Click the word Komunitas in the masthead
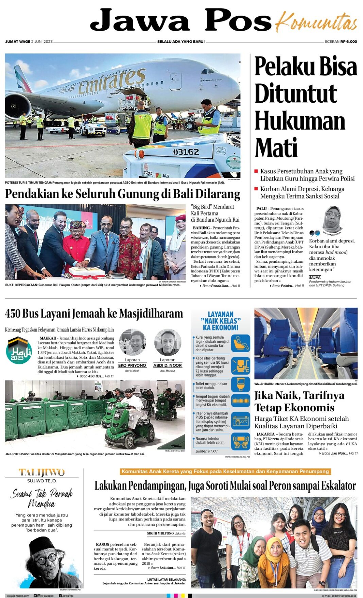316,22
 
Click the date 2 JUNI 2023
42,42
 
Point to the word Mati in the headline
276,148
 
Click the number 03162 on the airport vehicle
186,152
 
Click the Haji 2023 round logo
19,351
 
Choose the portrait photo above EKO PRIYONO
132,343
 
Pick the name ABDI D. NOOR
168,365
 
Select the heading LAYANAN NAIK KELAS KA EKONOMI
221,321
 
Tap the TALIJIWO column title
41,473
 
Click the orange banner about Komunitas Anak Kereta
225,472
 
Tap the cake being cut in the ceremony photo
87,272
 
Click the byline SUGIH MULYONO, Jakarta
166,533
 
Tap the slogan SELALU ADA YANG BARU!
181,42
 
